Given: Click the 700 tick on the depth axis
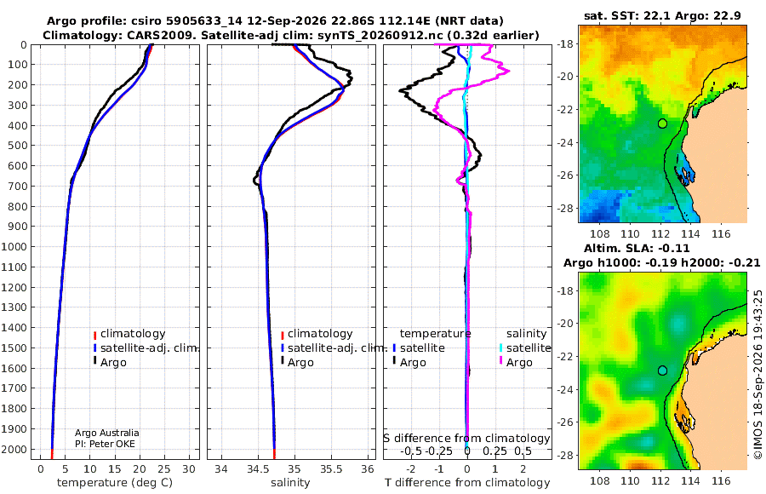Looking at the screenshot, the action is [x=16, y=186].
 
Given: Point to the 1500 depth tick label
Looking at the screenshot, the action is [x=14, y=348].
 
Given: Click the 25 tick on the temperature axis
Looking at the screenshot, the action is [x=164, y=469].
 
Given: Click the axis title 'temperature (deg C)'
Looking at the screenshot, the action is [x=115, y=483].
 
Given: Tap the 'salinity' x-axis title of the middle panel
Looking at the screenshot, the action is [x=290, y=483].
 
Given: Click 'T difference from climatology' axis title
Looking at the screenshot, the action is [x=467, y=483].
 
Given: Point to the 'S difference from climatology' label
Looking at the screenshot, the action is [x=466, y=439].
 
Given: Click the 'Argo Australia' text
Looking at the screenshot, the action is [x=107, y=433].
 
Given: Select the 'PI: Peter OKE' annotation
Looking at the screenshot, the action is [x=105, y=444].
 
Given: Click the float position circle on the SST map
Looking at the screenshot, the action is [x=662, y=123].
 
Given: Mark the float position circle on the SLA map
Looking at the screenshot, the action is [x=662, y=370].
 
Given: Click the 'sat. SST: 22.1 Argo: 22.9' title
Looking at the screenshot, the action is [x=662, y=16].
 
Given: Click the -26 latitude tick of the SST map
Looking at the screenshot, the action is [x=566, y=175].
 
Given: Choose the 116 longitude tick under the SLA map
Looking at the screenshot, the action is [x=721, y=480].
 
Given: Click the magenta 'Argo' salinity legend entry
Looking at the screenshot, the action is [x=515, y=363].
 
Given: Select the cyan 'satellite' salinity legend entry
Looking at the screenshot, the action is [x=524, y=348].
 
